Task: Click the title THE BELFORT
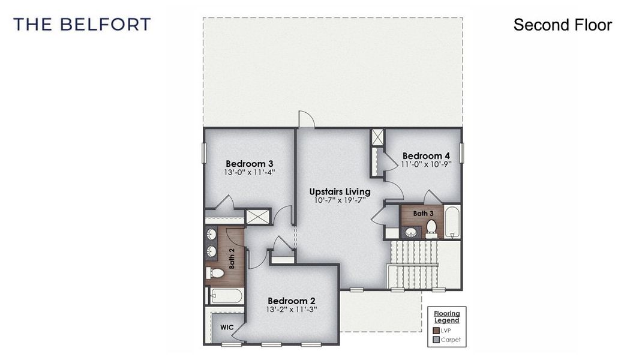[x=82, y=25]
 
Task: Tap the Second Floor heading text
[x=562, y=25]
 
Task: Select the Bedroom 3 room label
[x=250, y=163]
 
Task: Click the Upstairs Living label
[x=340, y=191]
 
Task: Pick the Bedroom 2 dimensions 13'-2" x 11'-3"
[x=292, y=310]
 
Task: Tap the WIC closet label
[x=226, y=328]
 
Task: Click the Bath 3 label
[x=423, y=213]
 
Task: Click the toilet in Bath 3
[x=431, y=227]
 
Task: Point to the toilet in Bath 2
[x=215, y=274]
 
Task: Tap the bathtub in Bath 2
[x=226, y=296]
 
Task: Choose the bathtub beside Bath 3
[x=452, y=222]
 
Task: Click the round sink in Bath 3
[x=411, y=232]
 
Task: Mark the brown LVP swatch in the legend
[x=436, y=331]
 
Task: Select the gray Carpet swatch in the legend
[x=436, y=340]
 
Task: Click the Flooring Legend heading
[x=447, y=317]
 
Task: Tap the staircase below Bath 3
[x=414, y=265]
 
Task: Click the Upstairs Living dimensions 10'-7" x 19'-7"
[x=340, y=200]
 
